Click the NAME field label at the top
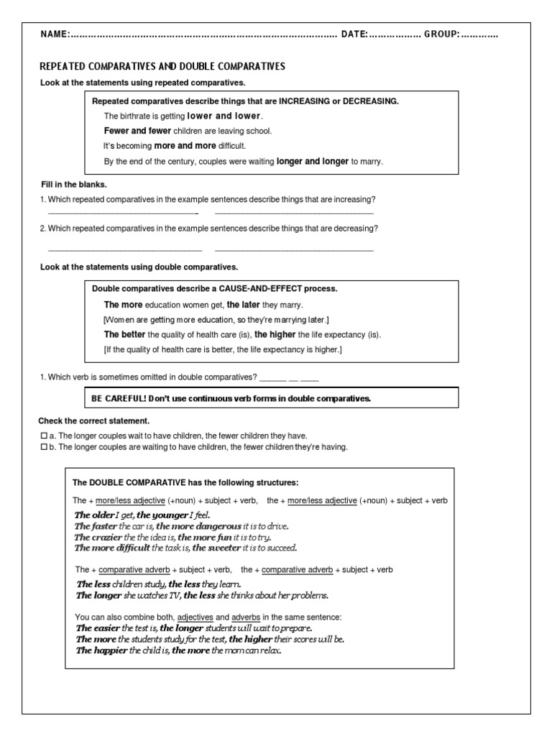click(55, 34)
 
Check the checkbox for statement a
click(44, 436)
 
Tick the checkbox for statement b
click(44, 447)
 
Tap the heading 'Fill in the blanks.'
click(73, 185)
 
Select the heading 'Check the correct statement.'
click(93, 420)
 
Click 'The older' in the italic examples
click(93, 515)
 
